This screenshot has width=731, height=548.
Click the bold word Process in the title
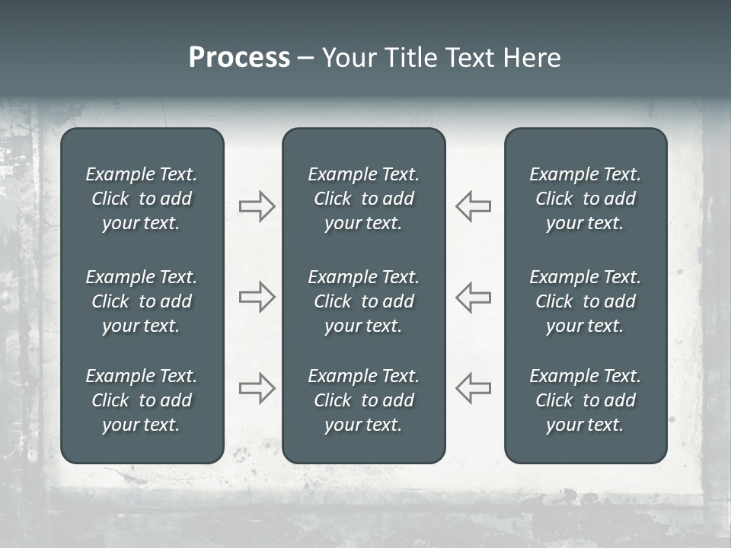tap(239, 58)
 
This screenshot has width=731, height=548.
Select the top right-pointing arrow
tap(257, 206)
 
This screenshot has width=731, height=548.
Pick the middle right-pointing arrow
tap(257, 297)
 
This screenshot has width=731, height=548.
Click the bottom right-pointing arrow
tap(257, 388)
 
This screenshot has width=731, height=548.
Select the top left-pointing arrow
tap(473, 206)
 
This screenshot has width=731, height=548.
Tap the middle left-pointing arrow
tap(473, 297)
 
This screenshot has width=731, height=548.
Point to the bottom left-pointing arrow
tap(473, 388)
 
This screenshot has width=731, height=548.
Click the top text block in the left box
tap(142, 199)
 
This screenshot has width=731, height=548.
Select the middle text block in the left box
tap(142, 301)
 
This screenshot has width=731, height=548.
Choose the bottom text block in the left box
tap(142, 400)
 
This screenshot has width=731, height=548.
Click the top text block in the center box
tap(363, 199)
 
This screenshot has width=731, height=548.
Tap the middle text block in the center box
tap(363, 301)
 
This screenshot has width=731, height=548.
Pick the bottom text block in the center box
tap(363, 400)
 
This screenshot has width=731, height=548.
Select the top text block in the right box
tap(585, 199)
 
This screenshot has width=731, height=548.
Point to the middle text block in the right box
tap(585, 301)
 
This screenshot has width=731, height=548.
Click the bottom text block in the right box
tap(585, 400)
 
